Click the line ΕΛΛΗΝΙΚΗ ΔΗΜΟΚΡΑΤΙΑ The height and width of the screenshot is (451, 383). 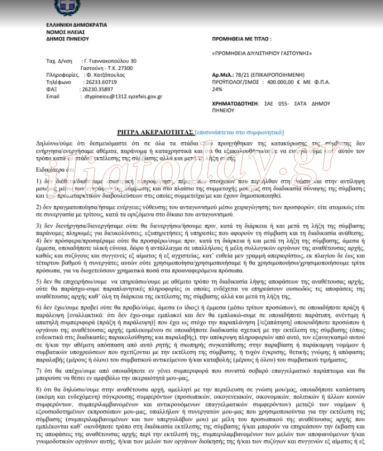(77, 25)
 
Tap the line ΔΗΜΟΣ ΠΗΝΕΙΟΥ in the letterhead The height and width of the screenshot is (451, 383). (68, 39)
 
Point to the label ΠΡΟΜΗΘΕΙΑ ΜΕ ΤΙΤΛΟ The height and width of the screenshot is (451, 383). (241, 39)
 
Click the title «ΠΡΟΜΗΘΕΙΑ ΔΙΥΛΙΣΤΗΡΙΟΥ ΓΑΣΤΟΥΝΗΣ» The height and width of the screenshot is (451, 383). (262, 54)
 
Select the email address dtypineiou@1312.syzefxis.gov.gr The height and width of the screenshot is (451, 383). (119, 96)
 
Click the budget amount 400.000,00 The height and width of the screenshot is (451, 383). (284, 83)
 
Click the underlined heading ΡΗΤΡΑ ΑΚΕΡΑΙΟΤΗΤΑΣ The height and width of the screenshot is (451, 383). (155, 132)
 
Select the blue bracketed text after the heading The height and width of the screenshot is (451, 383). (240, 132)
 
